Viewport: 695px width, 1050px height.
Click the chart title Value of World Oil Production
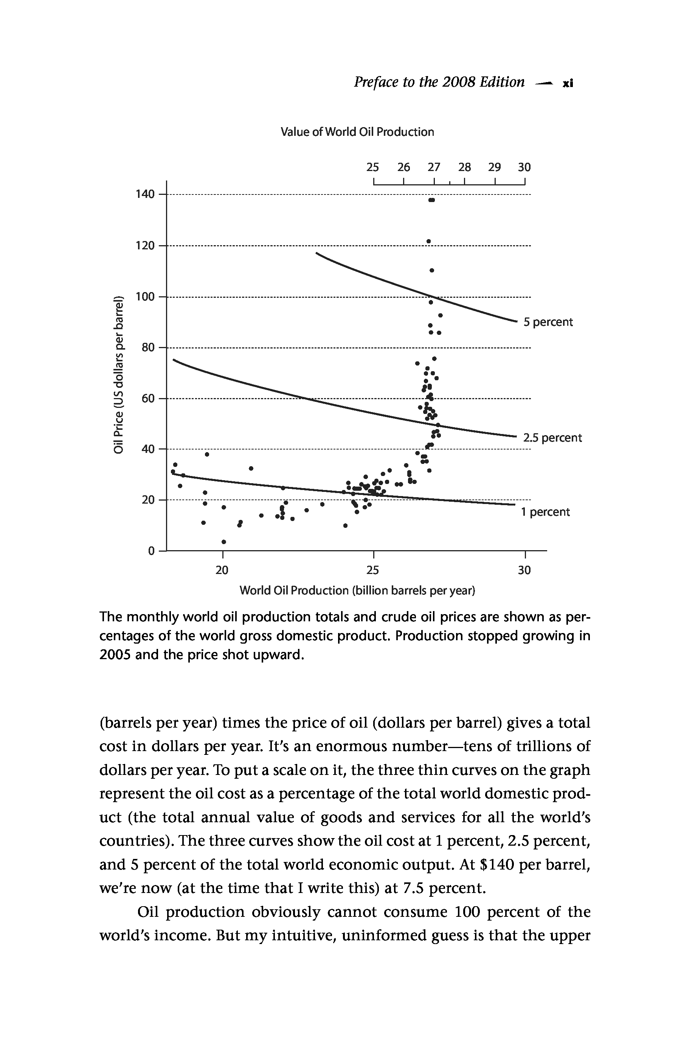pos(357,132)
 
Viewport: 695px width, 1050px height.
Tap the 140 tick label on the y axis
pos(145,194)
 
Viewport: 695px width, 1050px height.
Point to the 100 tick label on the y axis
pos(145,297)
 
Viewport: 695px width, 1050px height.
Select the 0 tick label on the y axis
pos(151,551)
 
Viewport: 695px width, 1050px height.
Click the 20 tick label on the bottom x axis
pos(222,570)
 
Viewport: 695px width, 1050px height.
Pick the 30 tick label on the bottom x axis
pos(524,570)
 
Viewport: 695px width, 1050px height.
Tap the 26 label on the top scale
pos(403,167)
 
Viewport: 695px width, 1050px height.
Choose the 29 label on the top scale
pos(495,167)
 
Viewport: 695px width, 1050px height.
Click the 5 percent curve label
pos(548,322)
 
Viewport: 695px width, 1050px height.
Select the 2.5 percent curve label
pos(552,438)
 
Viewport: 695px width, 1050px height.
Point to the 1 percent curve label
pos(545,512)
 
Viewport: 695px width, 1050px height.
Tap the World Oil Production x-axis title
pos(357,591)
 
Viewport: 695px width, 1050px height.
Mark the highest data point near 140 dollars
pos(432,200)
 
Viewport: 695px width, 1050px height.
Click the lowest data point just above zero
pos(224,542)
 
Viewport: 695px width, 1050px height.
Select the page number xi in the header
pos(568,83)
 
